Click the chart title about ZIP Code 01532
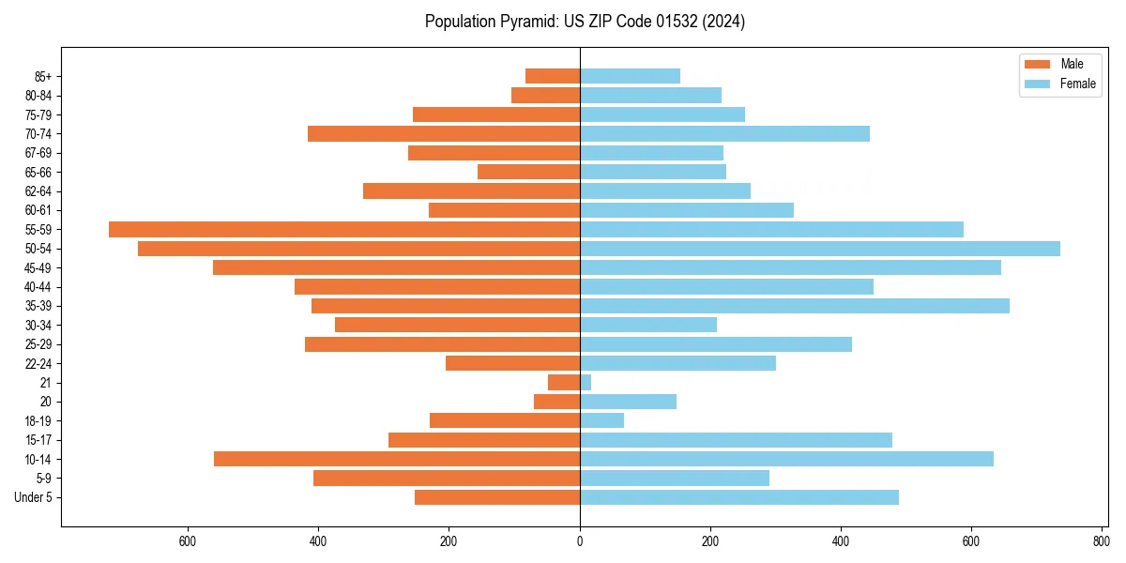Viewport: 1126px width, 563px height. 585,22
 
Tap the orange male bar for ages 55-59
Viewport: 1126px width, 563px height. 344,229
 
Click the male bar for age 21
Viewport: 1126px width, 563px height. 564,383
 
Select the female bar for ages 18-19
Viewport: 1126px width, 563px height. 602,420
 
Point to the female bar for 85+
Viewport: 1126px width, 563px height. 630,76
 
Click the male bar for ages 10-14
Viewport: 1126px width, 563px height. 397,459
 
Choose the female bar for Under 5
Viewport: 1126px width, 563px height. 739,497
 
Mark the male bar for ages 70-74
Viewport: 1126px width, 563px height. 444,133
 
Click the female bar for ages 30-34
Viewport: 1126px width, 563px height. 648,325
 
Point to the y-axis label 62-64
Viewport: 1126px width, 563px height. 38,191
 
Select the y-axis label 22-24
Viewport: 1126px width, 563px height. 38,364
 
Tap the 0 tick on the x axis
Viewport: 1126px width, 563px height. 580,540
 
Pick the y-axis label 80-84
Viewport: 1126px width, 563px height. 38,96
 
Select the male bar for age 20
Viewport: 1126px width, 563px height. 557,402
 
